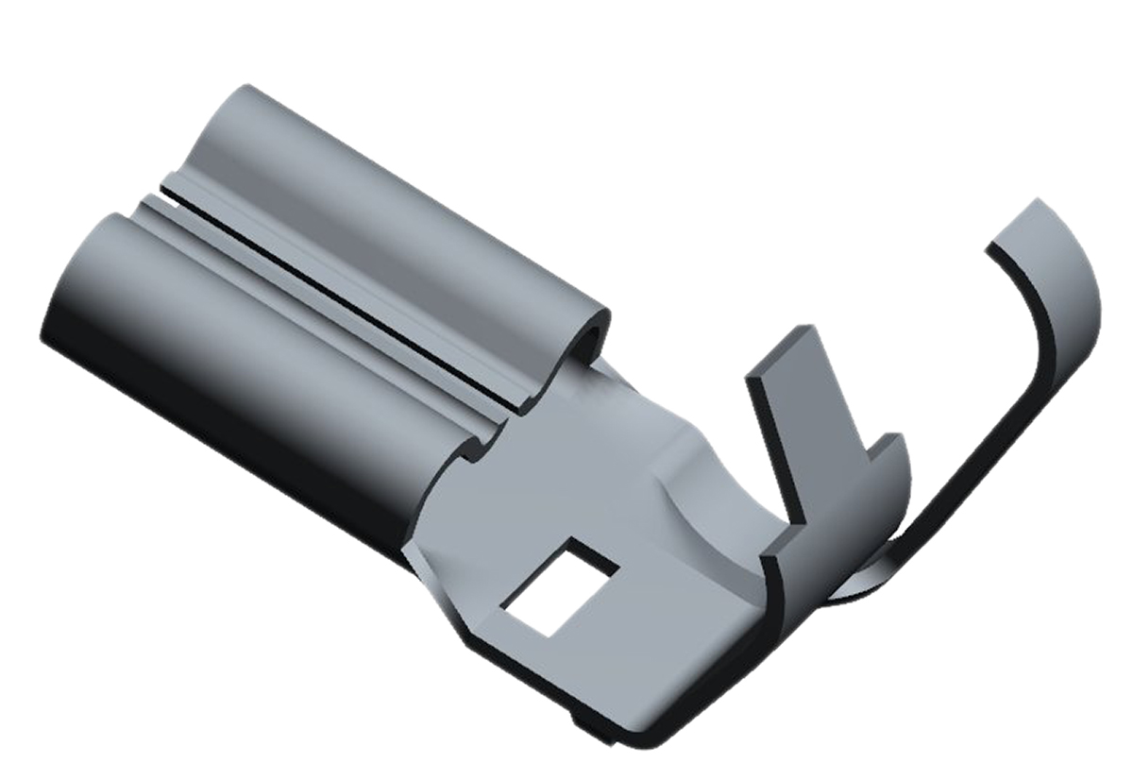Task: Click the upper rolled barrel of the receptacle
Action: (397, 217)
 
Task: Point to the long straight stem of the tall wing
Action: (972, 453)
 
